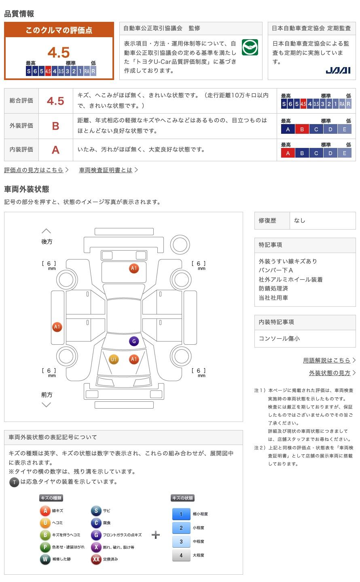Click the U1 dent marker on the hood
point(114,359)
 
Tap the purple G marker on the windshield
point(134,341)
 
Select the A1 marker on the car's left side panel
point(57,327)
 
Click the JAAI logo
point(338,70)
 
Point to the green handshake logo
point(250,48)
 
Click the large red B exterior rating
point(55,126)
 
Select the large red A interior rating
point(55,150)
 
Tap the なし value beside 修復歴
point(300,221)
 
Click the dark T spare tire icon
point(14,482)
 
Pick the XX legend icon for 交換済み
point(96,559)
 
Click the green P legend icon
point(45,547)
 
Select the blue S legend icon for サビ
point(96,511)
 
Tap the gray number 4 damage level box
point(181,555)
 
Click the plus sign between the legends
point(156,535)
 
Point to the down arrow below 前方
point(47,405)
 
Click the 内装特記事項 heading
point(276,322)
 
